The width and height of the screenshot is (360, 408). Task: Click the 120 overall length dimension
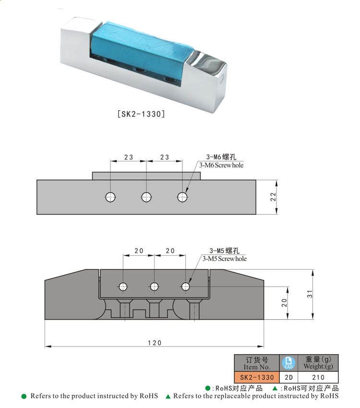[x=155, y=343]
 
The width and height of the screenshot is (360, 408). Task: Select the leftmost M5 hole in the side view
[x=123, y=287]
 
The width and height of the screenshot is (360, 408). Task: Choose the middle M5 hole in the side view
[x=154, y=287]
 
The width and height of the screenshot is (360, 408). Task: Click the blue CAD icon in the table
[x=289, y=363]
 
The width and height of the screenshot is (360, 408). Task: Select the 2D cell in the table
[x=289, y=377]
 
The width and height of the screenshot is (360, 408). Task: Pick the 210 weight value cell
[x=318, y=377]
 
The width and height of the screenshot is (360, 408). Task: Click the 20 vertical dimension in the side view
[x=284, y=303]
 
